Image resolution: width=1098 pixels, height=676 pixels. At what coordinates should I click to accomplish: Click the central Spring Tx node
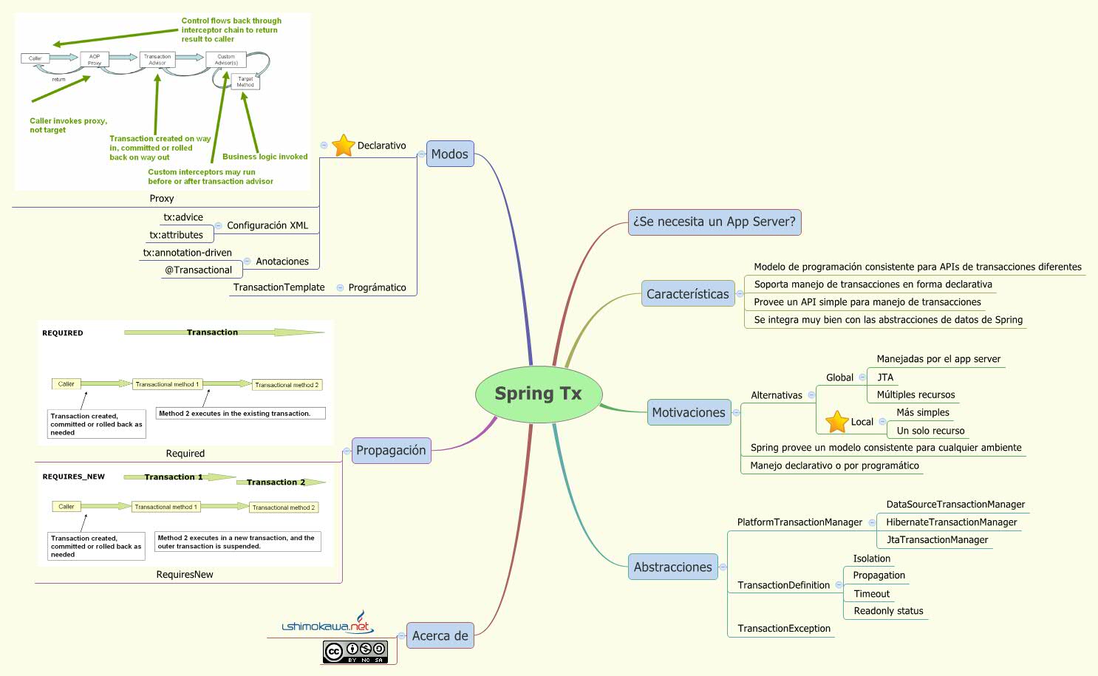pos(538,394)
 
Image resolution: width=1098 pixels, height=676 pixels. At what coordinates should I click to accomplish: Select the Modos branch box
pos(450,154)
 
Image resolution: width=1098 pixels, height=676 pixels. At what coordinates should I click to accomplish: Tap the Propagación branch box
pos(391,451)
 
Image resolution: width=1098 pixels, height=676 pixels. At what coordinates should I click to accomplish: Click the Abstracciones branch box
pos(672,567)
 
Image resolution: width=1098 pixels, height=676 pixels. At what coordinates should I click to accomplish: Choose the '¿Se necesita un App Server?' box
pos(715,222)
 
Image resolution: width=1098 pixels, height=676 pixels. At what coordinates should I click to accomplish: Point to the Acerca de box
pos(440,635)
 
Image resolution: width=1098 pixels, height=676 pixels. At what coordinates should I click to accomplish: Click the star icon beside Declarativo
pos(344,145)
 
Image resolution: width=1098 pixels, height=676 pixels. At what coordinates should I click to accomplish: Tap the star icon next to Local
pos(836,422)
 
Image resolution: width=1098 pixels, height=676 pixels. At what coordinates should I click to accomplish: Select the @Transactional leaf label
pos(198,270)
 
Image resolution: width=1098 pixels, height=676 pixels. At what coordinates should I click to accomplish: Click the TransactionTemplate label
pos(279,287)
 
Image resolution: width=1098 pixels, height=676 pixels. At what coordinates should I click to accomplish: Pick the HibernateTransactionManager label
pos(951,522)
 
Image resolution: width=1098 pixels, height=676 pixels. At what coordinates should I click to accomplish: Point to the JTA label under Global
pos(885,378)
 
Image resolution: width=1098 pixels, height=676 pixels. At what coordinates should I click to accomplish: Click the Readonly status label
pos(888,611)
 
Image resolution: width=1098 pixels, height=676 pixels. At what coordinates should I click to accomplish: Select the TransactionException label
pos(784,629)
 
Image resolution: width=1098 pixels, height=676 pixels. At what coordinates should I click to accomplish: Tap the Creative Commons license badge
pos(355,652)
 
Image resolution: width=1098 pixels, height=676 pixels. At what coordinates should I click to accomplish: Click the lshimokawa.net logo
pos(326,625)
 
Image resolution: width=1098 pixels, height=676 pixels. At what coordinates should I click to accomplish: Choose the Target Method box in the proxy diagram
pos(245,81)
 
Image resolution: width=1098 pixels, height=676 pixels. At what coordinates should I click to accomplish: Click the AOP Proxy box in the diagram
pos(95,59)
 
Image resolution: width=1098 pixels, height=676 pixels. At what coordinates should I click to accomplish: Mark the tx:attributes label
pos(176,235)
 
